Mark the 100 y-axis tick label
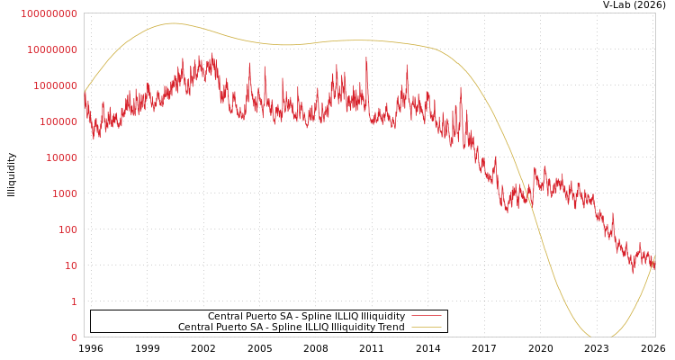click(66, 229)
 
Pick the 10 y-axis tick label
click(69, 265)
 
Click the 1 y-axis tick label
click(74, 301)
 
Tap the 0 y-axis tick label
click(74, 337)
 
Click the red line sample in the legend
click(426, 316)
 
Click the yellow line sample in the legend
click(426, 327)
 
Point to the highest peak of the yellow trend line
click(173, 23)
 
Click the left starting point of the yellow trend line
click(85, 92)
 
